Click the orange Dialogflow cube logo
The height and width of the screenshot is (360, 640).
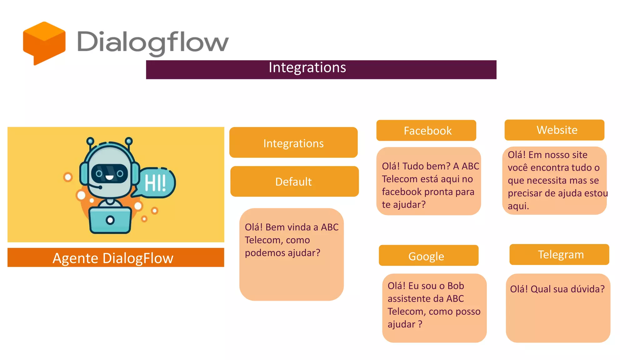44,43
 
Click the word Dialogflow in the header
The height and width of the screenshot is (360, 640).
153,42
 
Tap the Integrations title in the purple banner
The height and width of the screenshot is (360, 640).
307,67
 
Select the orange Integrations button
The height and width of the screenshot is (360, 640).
293,143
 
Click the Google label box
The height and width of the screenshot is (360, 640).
428,256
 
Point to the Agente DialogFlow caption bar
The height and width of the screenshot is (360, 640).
116,258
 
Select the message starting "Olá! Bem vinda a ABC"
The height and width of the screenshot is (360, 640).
291,240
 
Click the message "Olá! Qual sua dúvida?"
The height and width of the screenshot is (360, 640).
557,289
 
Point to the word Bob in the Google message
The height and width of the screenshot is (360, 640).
456,286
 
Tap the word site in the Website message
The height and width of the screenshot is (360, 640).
577,155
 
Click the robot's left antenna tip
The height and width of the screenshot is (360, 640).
90,141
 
